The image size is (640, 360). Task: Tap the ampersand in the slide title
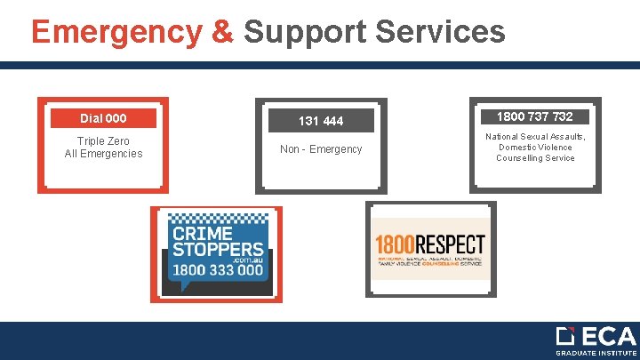pos(223,32)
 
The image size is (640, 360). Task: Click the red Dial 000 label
pos(103,118)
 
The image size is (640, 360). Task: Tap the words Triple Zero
pos(103,141)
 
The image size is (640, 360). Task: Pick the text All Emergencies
pos(103,154)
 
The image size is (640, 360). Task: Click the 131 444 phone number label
pos(321,121)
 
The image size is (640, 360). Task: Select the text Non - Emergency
pos(321,149)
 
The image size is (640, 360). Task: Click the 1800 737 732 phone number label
pos(534,116)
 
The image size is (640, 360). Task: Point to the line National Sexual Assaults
pos(535,136)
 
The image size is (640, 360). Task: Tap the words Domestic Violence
pos(535,147)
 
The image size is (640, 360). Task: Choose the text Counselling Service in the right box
pos(535,158)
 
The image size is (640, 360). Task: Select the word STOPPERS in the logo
pos(218,251)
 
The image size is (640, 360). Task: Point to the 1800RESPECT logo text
pos(430,244)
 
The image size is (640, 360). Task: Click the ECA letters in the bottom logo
pos(609,337)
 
